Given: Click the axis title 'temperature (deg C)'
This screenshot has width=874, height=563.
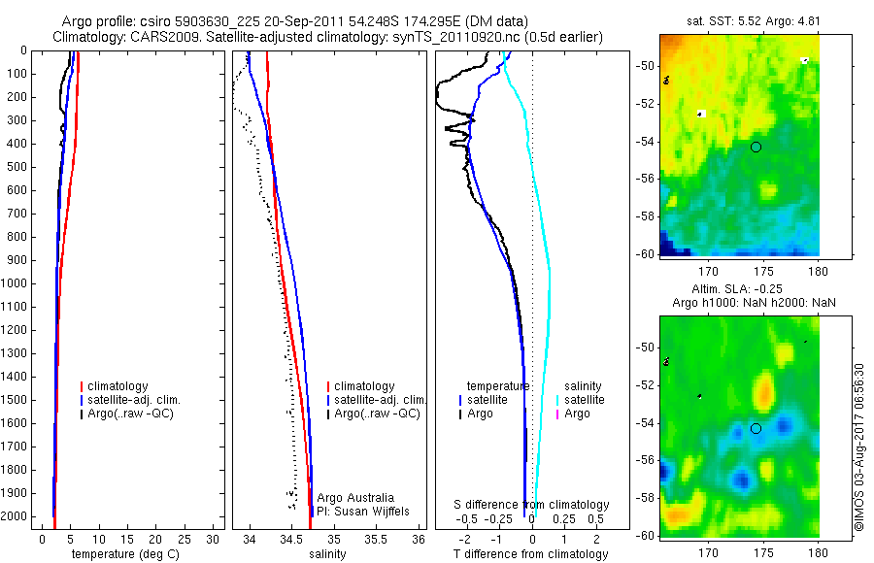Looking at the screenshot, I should [122, 553].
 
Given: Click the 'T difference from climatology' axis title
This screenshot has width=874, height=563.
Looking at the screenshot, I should [530, 554].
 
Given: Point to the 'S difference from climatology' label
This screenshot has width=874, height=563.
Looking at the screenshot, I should [532, 505].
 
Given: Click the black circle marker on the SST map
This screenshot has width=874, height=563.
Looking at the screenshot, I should [756, 147].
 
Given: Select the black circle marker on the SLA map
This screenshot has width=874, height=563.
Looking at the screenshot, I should [756, 428].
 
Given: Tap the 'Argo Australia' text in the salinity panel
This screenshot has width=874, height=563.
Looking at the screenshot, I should [356, 498].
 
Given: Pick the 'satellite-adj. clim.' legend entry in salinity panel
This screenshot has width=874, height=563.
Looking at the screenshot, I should [380, 400].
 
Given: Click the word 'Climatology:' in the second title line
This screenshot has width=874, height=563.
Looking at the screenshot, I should [89, 37].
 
